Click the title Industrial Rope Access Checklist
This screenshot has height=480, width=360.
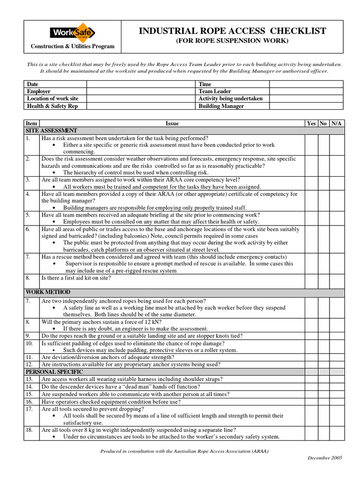(232, 31)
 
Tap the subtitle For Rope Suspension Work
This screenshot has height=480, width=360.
(232, 41)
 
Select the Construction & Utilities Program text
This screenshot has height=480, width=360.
(73, 46)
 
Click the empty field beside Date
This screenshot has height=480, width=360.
(140, 84)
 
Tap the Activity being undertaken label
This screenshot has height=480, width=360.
(230, 98)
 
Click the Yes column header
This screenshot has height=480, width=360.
(311, 123)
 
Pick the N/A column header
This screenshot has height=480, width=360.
(336, 123)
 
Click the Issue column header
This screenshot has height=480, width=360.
(172, 123)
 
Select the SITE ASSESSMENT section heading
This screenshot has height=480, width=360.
(52, 130)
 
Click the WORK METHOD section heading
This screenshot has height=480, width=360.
(48, 292)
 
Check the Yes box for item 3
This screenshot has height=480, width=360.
(311, 183)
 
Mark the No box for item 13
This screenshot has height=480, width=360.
(323, 379)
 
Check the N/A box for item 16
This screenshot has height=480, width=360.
(337, 401)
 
